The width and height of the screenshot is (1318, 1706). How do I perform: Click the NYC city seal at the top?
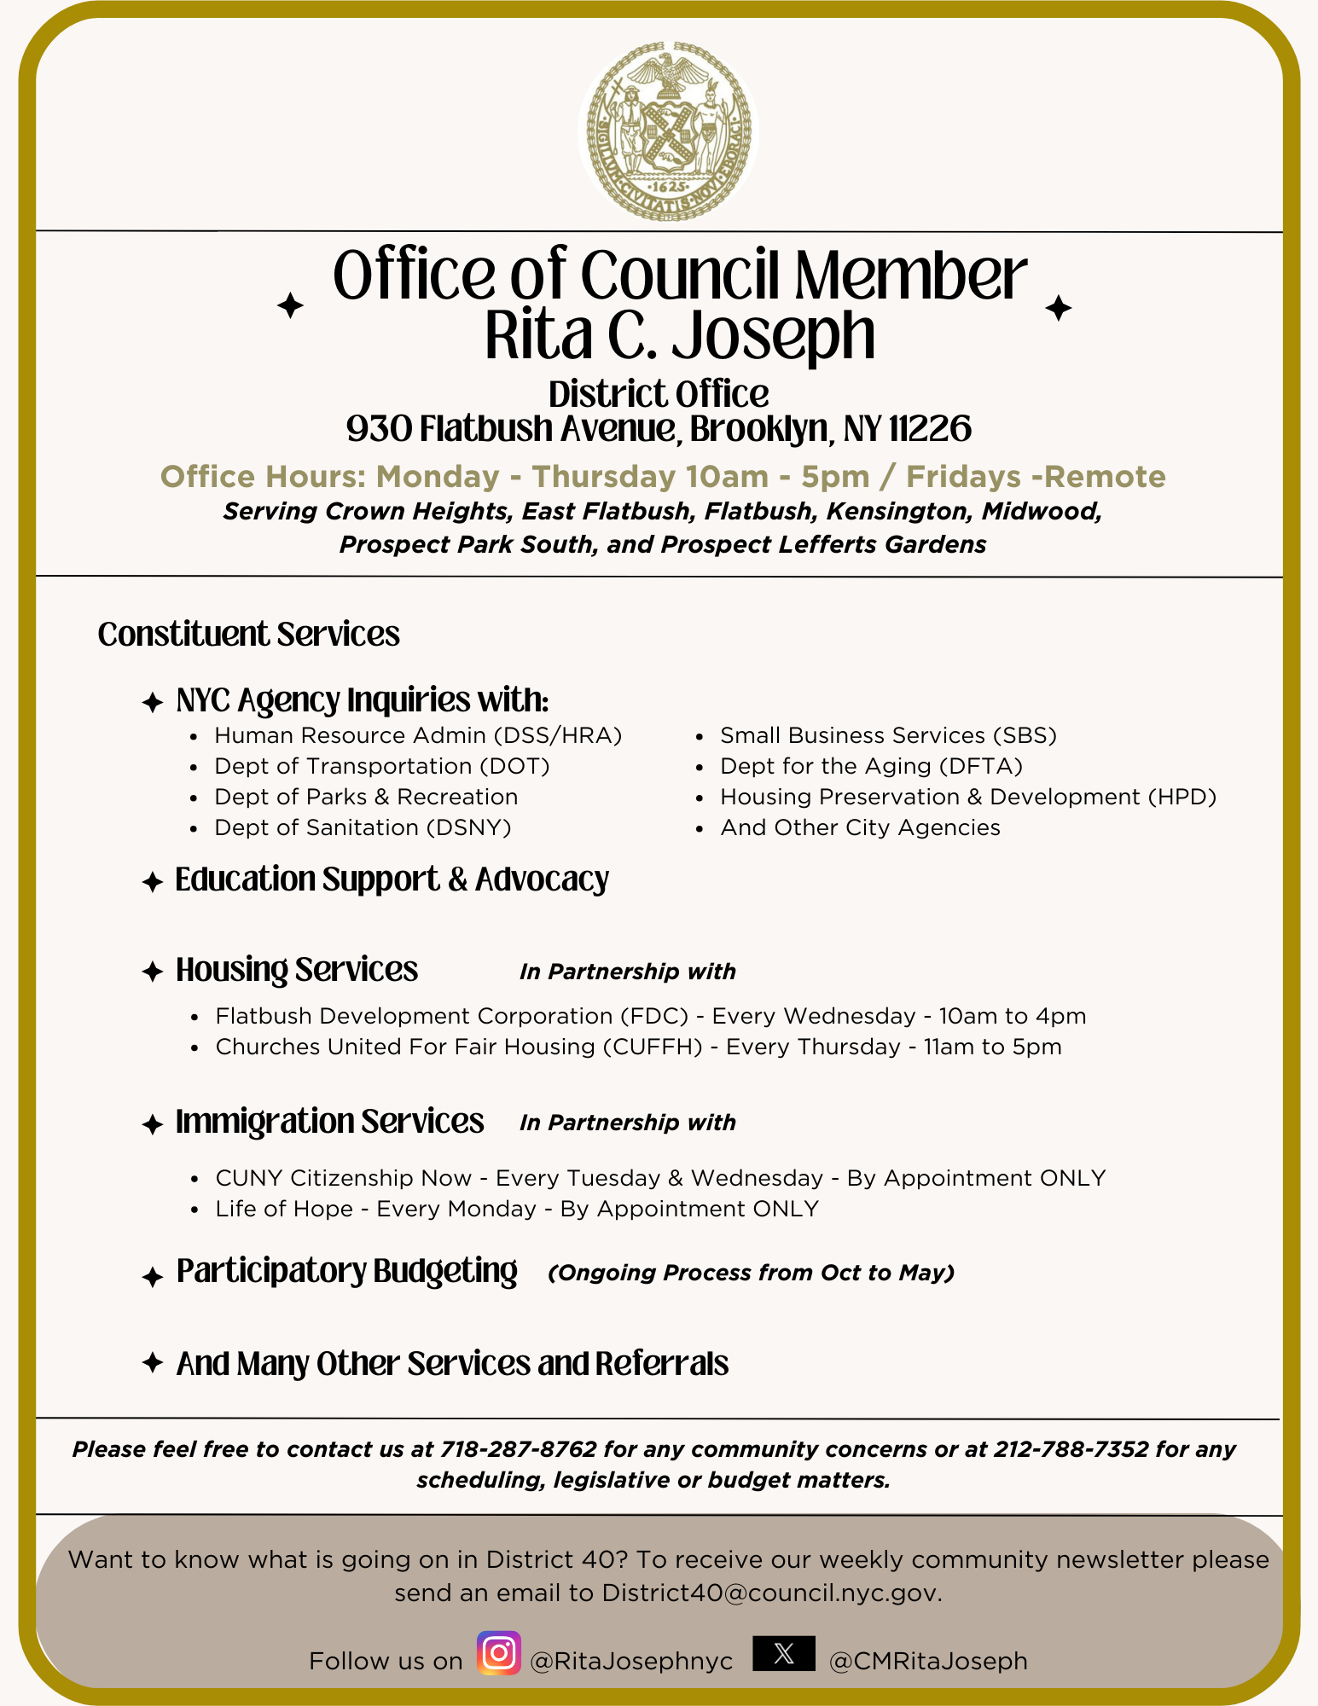[668, 131]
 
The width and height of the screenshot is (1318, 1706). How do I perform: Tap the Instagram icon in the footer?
[499, 1653]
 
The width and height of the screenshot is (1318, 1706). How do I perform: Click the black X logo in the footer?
[784, 1653]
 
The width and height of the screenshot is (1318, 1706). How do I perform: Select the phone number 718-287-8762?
[518, 1449]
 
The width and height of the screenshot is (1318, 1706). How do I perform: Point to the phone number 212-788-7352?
[1071, 1449]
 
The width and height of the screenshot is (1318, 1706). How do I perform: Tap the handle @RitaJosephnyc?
[631, 1661]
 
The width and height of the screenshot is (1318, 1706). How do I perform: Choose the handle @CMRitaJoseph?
[928, 1661]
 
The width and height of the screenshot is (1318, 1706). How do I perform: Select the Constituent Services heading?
[248, 635]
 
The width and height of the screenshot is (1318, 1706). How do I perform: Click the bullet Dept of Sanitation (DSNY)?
[363, 827]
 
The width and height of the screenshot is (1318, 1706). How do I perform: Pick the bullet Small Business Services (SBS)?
[888, 735]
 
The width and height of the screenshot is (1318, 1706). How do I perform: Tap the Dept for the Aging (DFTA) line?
[871, 766]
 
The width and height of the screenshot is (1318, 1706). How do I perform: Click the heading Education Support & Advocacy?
[392, 879]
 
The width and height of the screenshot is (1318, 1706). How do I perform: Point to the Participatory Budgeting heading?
[346, 1271]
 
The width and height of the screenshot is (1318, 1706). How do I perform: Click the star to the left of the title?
[290, 305]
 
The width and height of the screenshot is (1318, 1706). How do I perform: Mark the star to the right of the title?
[1059, 308]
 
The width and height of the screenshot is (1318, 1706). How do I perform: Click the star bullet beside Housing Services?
[153, 972]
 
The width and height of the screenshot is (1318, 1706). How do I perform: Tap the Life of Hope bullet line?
[517, 1209]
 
